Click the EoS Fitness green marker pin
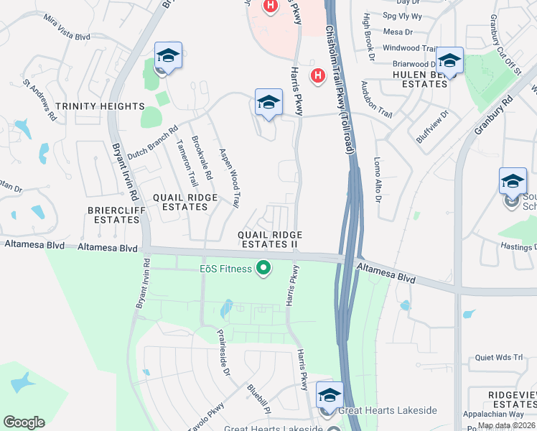coord(263,269)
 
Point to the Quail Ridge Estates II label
coord(270,240)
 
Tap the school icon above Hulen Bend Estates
coord(449,61)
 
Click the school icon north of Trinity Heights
coord(168,55)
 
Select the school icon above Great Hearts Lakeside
coord(330,395)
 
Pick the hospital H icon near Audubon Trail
coord(317,75)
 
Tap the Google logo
coord(24,422)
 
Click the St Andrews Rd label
coord(40,99)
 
